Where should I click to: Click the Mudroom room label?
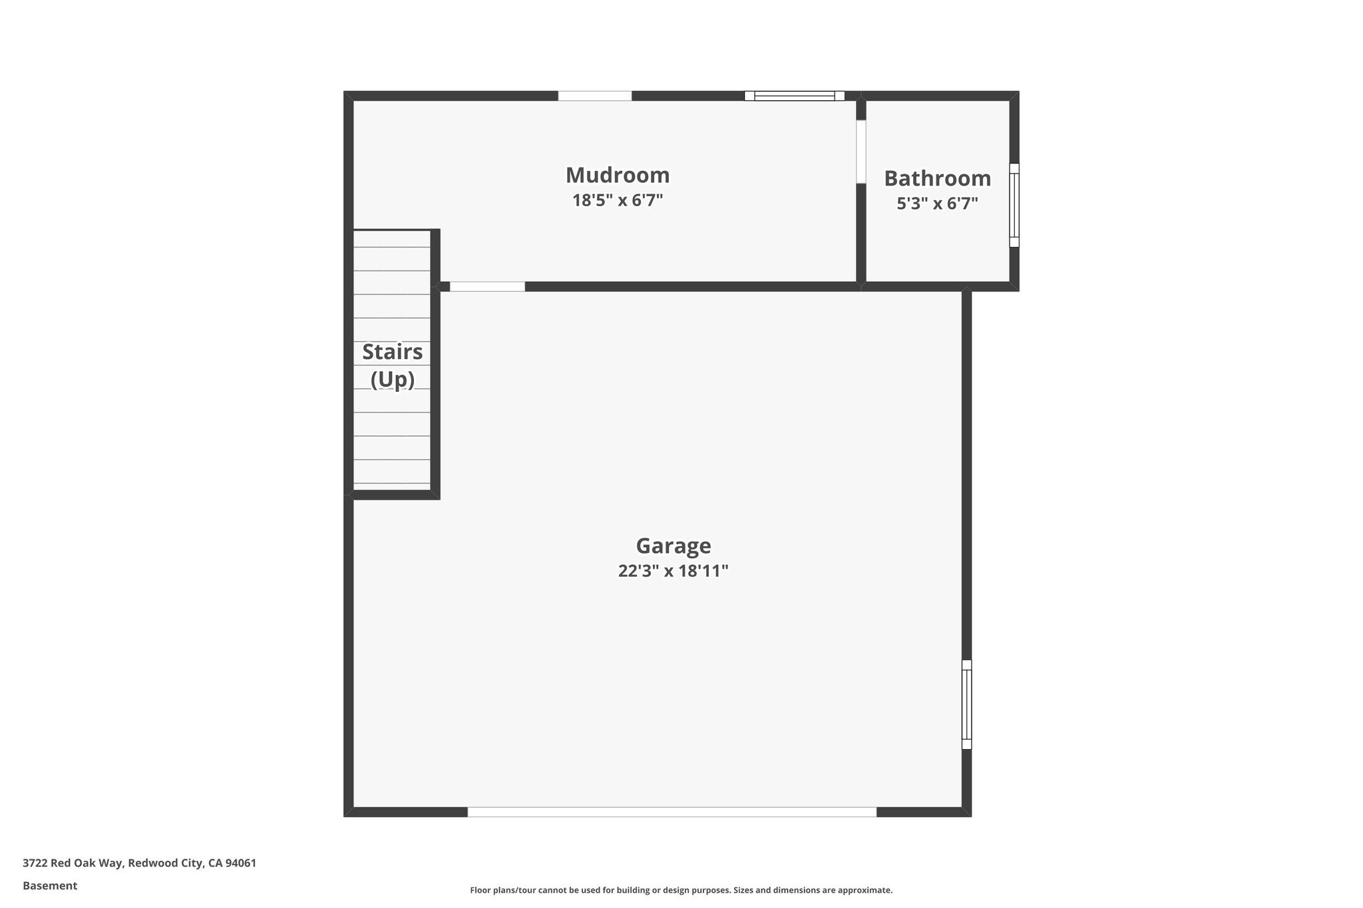point(618,176)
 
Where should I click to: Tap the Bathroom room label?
point(937,179)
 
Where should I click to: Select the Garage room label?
point(674,546)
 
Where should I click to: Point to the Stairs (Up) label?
point(392,365)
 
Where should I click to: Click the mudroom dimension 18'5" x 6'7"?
point(618,200)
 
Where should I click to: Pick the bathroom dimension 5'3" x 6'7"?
point(937,204)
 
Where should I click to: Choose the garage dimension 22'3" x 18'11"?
point(674,571)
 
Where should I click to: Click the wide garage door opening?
point(672,812)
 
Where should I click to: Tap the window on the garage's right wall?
point(966,704)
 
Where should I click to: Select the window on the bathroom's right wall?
point(1014,205)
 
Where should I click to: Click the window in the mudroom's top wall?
point(794,96)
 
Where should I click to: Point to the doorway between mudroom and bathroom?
point(861,152)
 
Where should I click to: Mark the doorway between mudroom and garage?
point(487,287)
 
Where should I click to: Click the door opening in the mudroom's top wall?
point(594,96)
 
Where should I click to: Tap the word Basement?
point(50,885)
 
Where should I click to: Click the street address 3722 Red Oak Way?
point(73,863)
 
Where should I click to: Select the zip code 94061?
point(240,863)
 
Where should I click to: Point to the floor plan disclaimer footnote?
point(681,890)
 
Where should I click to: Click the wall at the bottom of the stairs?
point(393,494)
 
